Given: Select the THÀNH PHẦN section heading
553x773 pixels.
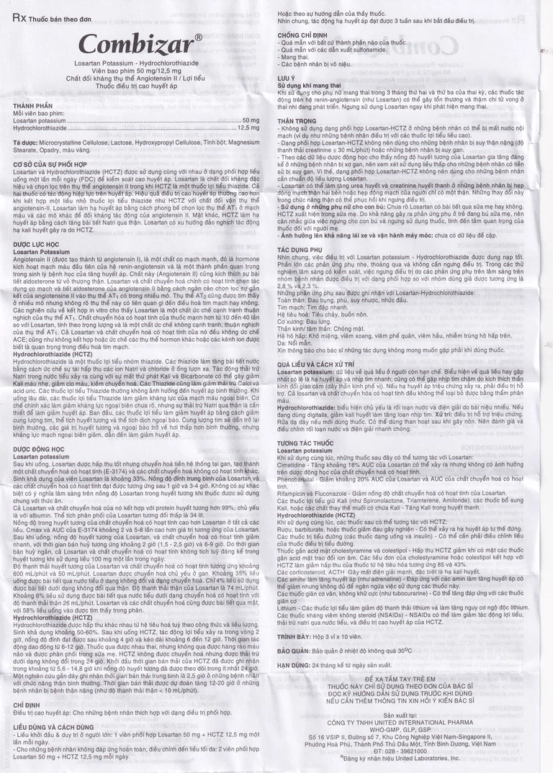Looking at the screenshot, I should [33, 107].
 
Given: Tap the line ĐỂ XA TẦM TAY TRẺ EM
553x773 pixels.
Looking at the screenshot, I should [402, 679].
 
